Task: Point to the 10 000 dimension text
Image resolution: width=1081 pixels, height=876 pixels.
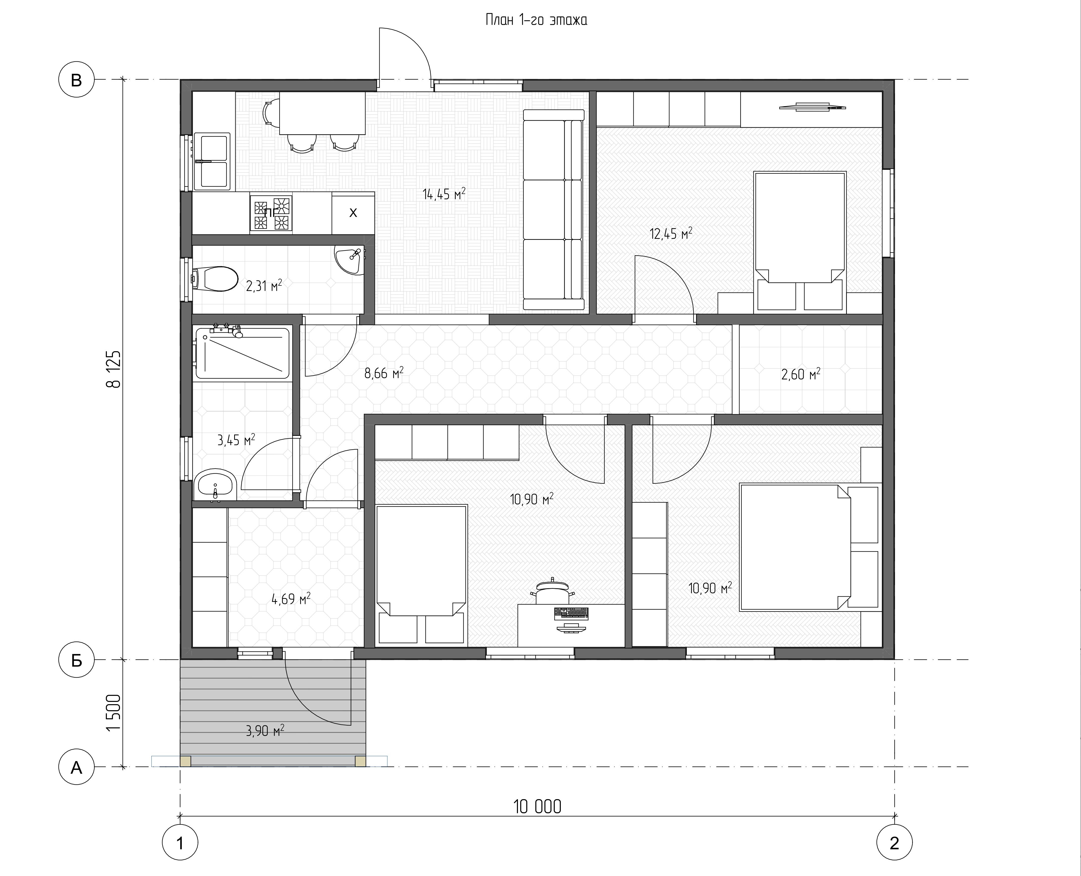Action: pyautogui.click(x=537, y=806)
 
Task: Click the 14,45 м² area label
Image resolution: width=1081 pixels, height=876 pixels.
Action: pyautogui.click(x=444, y=194)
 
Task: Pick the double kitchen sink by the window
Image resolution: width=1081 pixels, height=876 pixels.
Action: pyautogui.click(x=212, y=161)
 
